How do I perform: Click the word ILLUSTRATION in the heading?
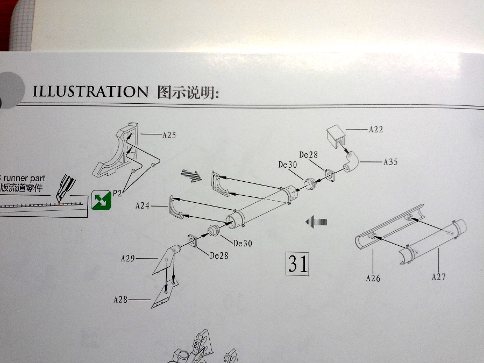coord(90,91)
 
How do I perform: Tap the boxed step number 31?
coord(298,264)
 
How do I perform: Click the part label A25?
coord(169,135)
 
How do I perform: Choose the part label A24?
coord(143,205)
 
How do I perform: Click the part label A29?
coord(127,259)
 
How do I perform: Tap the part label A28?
coord(120,299)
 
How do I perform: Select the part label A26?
coord(373,278)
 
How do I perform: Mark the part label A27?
coord(438,277)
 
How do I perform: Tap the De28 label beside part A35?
coord(309,155)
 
